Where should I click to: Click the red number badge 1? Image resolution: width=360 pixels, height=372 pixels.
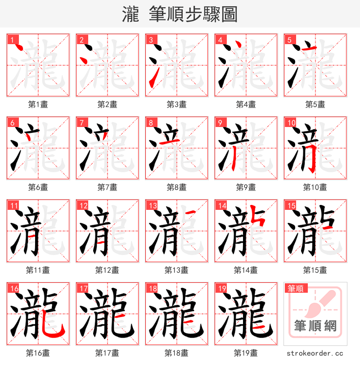tap(11, 40)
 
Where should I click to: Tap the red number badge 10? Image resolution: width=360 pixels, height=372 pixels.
tap(290, 122)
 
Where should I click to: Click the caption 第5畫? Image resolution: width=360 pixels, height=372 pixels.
tap(315, 104)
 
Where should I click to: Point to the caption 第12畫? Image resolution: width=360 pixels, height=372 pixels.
tap(107, 270)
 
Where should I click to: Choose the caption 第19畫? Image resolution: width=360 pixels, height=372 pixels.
tap(246, 353)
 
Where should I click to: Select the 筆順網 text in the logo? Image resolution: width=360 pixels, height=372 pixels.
tap(315, 325)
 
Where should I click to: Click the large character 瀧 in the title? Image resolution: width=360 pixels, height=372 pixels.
tap(130, 14)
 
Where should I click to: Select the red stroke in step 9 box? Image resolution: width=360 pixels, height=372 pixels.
tap(235, 160)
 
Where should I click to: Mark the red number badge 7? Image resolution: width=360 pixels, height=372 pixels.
tap(82, 122)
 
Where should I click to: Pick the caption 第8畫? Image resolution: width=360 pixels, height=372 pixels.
tap(176, 187)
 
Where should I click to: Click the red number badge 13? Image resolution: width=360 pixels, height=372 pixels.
tap(151, 205)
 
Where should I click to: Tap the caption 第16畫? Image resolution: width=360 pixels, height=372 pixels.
tap(38, 353)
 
